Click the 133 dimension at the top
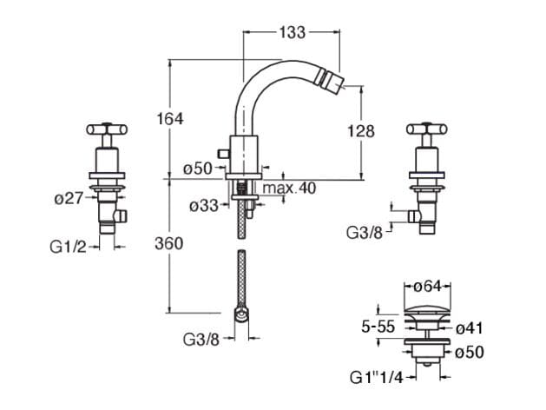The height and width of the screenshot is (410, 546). (x=293, y=32)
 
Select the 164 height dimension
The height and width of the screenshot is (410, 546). (x=170, y=118)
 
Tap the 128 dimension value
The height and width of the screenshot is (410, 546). (x=360, y=131)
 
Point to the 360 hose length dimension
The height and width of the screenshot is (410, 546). (x=170, y=243)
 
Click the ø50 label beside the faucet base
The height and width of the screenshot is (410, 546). (x=199, y=168)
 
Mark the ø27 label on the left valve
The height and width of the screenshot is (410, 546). (x=69, y=198)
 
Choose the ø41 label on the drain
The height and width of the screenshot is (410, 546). (x=470, y=328)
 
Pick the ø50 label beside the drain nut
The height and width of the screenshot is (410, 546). (x=470, y=352)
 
